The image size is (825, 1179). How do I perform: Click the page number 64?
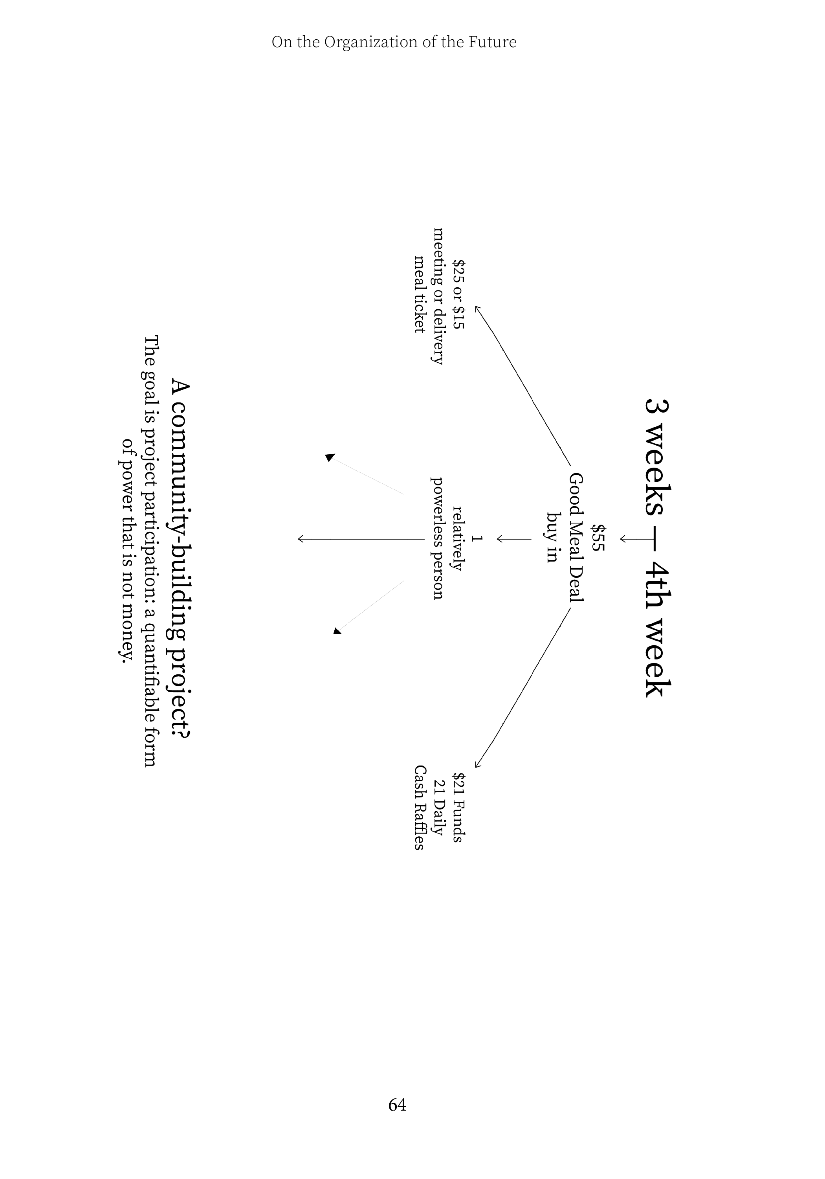(397, 1104)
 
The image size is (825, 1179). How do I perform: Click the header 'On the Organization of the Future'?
(394, 42)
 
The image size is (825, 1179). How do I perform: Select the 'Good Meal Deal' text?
(576, 537)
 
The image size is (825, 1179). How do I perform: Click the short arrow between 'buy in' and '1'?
(513, 539)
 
